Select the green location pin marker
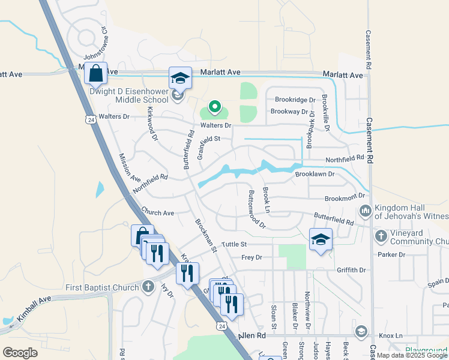coord(215,107)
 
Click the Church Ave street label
coord(157,213)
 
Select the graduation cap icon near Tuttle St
coord(321,239)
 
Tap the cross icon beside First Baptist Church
coord(148,287)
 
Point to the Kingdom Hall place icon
coord(365,211)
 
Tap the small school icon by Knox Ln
coord(361,331)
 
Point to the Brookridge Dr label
coord(295,100)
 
